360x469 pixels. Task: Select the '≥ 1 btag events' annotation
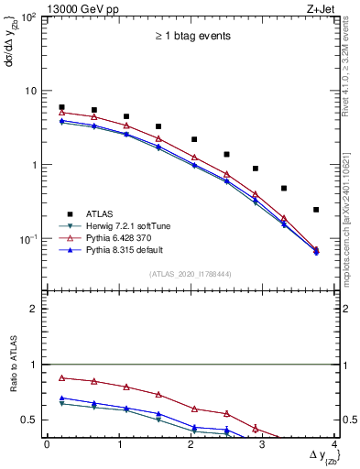click(192, 37)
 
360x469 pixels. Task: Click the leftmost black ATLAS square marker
click(61, 107)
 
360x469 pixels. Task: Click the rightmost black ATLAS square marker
click(316, 210)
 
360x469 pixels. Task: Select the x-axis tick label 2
click(191, 444)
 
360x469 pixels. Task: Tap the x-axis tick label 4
click(334, 444)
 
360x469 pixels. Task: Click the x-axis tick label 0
click(47, 444)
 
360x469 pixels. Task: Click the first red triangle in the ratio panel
click(61, 377)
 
